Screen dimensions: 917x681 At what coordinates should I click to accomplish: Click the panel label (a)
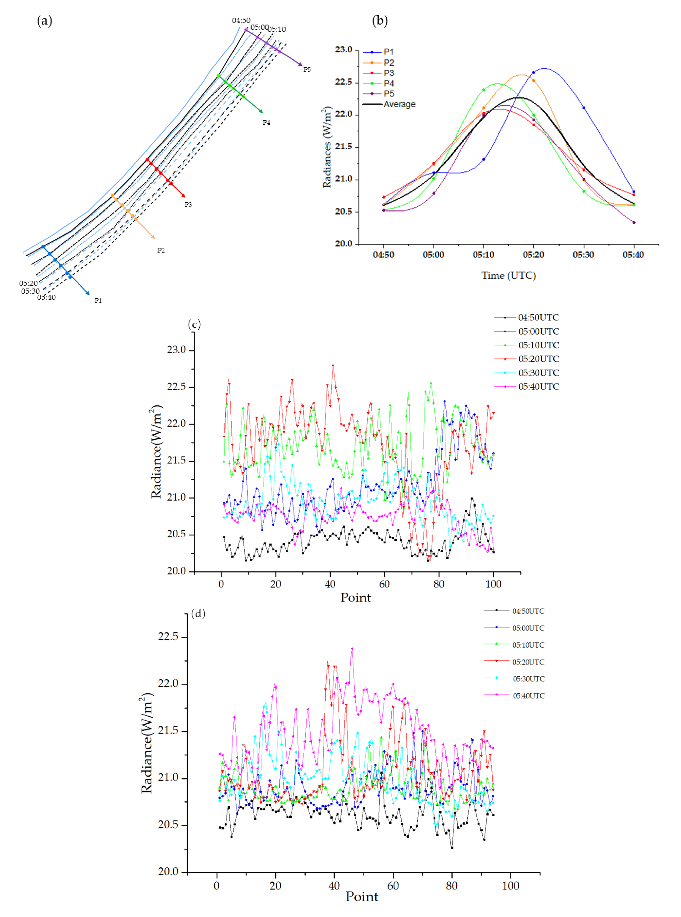point(44,21)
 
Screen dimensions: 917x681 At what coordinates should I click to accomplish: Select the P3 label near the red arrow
point(188,204)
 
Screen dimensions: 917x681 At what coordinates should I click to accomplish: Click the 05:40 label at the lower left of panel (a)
point(46,297)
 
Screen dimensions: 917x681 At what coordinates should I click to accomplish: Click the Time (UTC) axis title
point(508,275)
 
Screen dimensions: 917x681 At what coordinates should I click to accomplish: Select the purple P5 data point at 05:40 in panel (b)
point(634,223)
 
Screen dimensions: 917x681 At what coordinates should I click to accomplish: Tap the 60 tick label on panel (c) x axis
point(384,584)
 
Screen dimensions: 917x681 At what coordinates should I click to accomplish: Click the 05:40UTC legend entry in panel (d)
point(528,696)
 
